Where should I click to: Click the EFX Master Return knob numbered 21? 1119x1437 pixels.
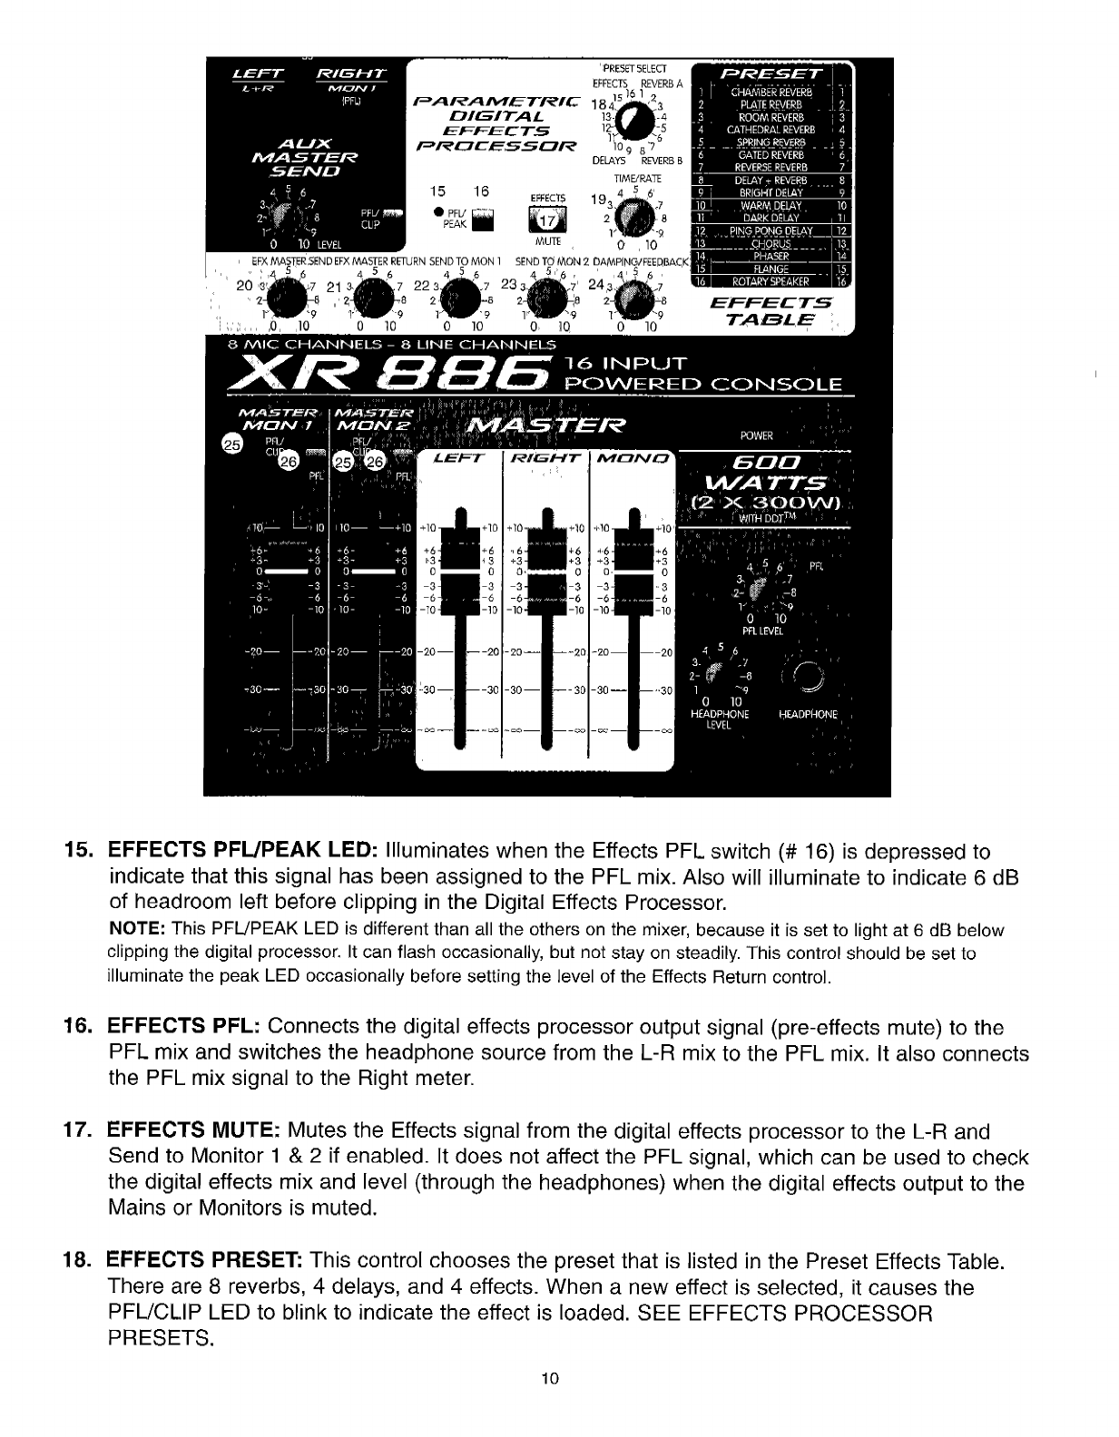[x=372, y=295]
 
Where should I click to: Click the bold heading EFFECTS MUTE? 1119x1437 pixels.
[x=193, y=1131]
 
